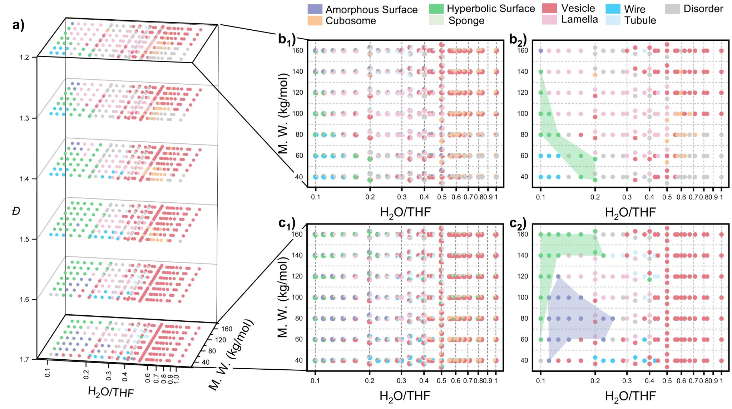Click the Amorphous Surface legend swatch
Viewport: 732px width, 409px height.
pos(315,9)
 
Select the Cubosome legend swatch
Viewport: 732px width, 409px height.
pos(315,20)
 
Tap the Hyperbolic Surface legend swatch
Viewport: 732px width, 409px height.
pos(436,9)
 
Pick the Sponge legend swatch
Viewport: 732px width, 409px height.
pos(436,20)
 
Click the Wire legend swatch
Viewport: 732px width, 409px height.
pos(613,9)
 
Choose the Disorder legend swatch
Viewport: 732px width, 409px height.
pos(672,9)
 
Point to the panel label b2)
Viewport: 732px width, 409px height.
pos(518,40)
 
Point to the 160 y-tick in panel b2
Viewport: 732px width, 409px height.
pos(522,50)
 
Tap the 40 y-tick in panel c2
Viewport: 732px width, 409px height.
pos(524,360)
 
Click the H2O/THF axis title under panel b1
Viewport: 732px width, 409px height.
pos(405,212)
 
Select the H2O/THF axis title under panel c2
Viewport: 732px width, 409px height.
pos(630,396)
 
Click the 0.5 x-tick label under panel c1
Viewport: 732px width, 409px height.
pos(441,381)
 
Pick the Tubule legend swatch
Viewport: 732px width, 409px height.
pos(613,20)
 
